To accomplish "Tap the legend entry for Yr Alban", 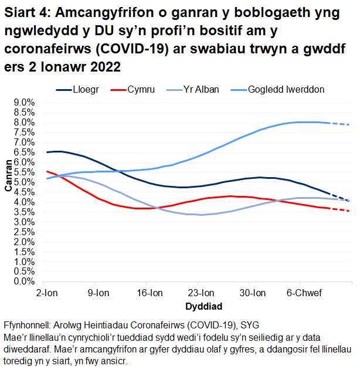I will click(201, 90).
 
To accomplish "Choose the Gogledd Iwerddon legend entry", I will click(286, 90).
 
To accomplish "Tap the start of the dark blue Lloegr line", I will click(47, 152).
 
